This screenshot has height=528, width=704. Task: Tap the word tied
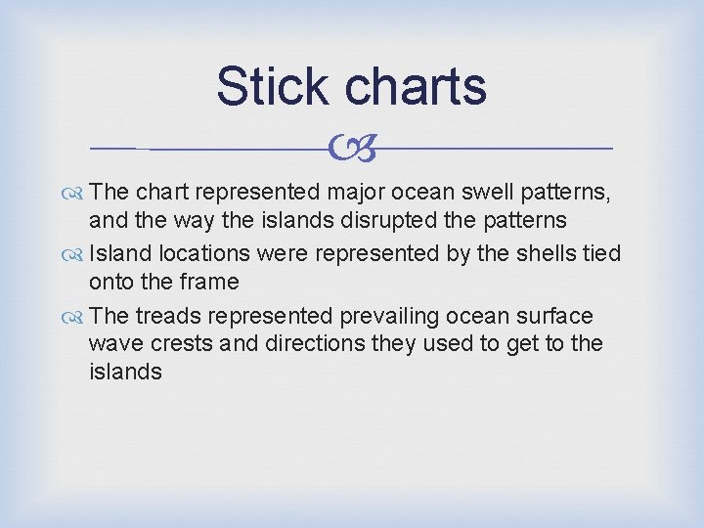click(600, 254)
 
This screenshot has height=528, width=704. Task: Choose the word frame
click(205, 282)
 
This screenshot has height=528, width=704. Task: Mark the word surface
click(555, 316)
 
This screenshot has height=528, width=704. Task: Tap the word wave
click(115, 344)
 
